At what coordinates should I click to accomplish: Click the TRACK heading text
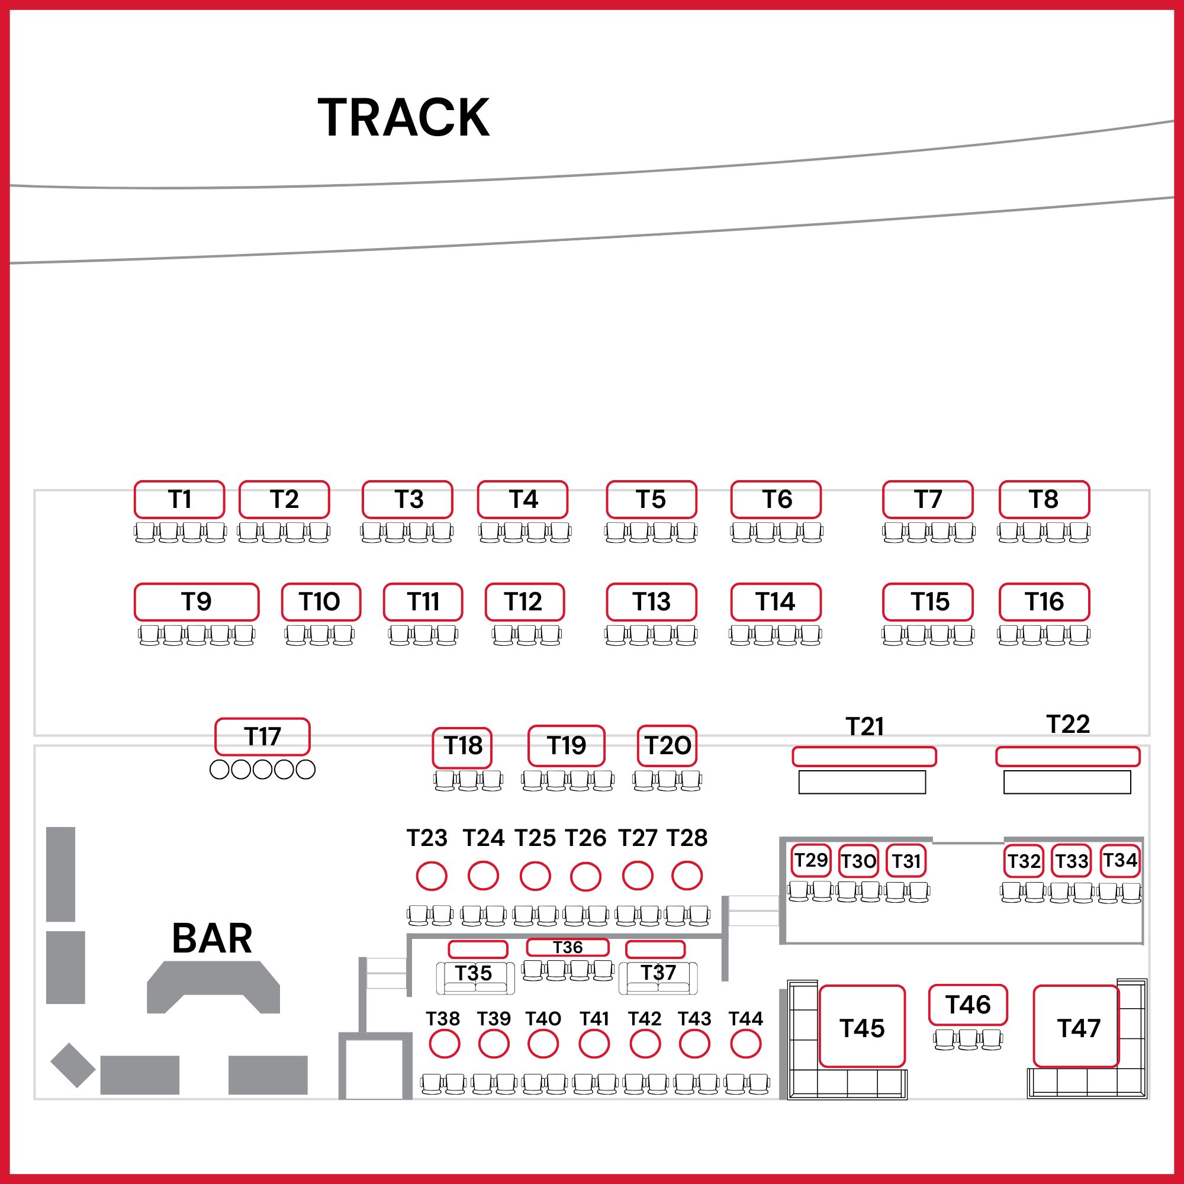click(403, 117)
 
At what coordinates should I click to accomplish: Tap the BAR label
click(212, 938)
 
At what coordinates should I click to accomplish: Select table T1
click(179, 500)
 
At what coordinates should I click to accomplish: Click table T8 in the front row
click(1044, 500)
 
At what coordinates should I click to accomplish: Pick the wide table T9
click(197, 602)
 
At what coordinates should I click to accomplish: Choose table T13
click(651, 602)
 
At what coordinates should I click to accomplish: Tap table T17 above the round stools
click(262, 736)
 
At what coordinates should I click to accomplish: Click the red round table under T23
click(432, 876)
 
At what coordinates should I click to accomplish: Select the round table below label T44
click(746, 1044)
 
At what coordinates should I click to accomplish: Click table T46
click(969, 1005)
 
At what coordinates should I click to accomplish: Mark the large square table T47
click(1076, 1027)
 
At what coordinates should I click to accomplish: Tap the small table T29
click(812, 860)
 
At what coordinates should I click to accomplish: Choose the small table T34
click(1120, 860)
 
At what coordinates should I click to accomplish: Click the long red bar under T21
click(864, 757)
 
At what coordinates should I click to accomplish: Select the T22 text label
click(1068, 725)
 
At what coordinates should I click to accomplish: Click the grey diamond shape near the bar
click(73, 1065)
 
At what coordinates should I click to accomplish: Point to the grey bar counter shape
click(213, 987)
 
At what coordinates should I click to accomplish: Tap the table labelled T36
click(568, 947)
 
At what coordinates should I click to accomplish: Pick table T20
click(667, 746)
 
